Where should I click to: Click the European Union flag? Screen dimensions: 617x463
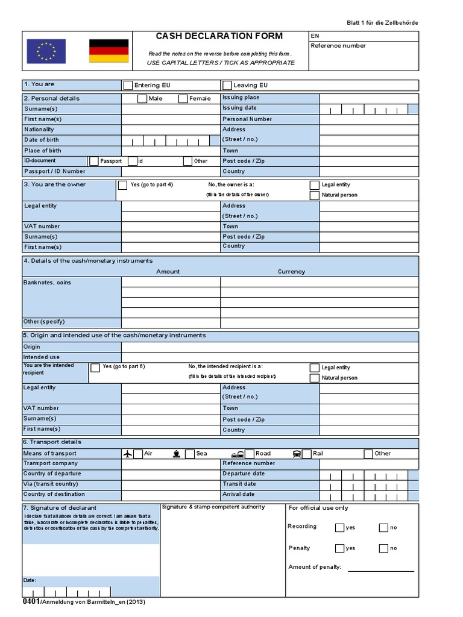pos(46,51)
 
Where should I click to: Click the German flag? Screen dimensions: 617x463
pos(109,51)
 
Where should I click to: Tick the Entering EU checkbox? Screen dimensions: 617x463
pos(128,85)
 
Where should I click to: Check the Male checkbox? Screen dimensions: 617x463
pos(142,99)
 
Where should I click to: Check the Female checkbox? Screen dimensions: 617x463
pos(183,99)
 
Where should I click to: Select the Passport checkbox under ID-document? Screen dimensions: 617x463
pos(94,161)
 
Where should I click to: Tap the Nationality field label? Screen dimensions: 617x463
pos(39,130)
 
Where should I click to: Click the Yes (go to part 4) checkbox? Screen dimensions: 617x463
pos(123,185)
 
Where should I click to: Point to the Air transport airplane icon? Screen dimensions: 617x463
pos(127,454)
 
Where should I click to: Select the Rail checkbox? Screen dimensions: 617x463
pos(306,454)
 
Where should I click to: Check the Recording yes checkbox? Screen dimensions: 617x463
pos(339,528)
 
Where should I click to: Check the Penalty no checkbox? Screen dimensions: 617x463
pos(383,548)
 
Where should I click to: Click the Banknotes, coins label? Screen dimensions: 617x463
pos(47,283)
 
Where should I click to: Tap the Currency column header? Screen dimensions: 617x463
pos(291,272)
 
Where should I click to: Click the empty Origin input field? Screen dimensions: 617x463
pos(269,347)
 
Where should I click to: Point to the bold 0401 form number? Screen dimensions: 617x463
pos(31,602)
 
